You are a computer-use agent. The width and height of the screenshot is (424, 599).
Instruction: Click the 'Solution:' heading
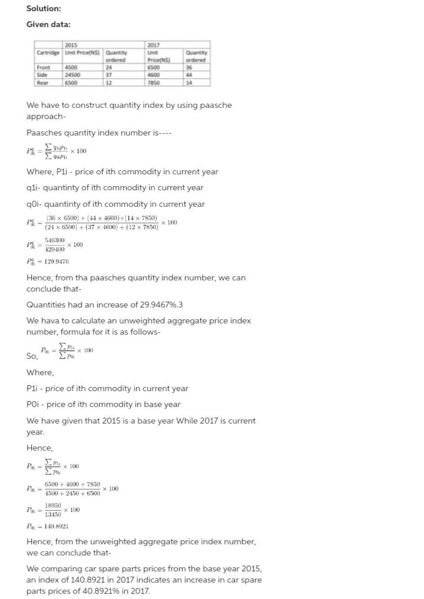click(x=44, y=8)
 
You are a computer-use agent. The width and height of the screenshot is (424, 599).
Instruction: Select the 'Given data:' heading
click(x=48, y=24)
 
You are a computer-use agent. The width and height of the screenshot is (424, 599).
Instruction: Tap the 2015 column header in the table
click(x=71, y=45)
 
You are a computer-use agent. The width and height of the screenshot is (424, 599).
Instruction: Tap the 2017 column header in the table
click(x=153, y=45)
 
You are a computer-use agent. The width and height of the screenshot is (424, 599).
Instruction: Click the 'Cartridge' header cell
click(x=48, y=52)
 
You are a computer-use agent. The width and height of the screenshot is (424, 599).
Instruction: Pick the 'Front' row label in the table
click(x=43, y=68)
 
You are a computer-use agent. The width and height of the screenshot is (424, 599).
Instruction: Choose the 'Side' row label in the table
click(x=42, y=75)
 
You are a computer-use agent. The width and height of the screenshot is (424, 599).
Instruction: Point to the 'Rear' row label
click(x=42, y=82)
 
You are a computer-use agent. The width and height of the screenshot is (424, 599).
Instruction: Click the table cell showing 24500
click(x=72, y=75)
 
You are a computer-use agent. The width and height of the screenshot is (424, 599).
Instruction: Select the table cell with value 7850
click(x=154, y=82)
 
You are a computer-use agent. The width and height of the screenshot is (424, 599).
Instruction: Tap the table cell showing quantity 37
click(x=109, y=75)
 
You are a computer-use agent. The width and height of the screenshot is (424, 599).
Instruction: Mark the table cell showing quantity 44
click(x=190, y=75)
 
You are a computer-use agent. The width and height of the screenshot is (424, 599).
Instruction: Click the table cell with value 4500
click(x=71, y=68)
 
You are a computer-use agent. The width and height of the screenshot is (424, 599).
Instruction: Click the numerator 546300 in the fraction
click(x=55, y=240)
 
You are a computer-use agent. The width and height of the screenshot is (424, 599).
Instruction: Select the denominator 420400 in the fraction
click(x=55, y=249)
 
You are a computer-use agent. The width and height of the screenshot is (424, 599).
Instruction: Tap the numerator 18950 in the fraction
click(x=53, y=505)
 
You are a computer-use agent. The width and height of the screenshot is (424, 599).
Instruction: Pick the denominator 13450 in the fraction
click(x=53, y=514)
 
